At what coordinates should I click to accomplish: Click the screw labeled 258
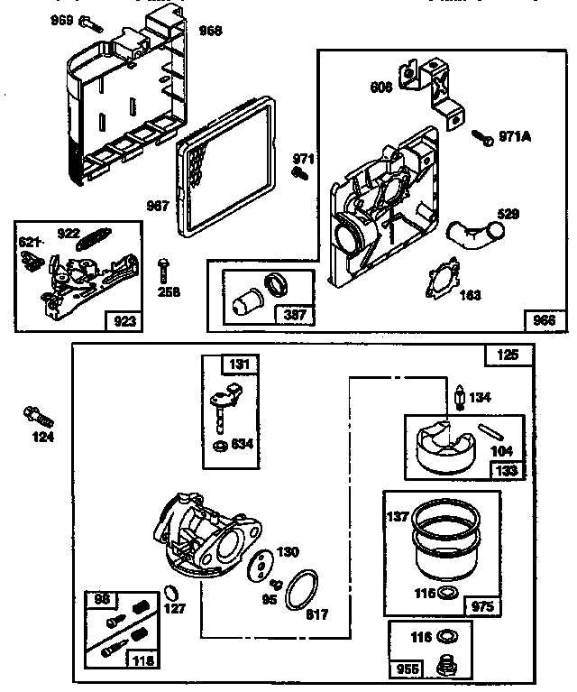pyautogui.click(x=162, y=270)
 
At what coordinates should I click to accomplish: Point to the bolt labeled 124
pyautogui.click(x=40, y=417)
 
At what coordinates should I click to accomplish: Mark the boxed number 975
pyautogui.click(x=482, y=607)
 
